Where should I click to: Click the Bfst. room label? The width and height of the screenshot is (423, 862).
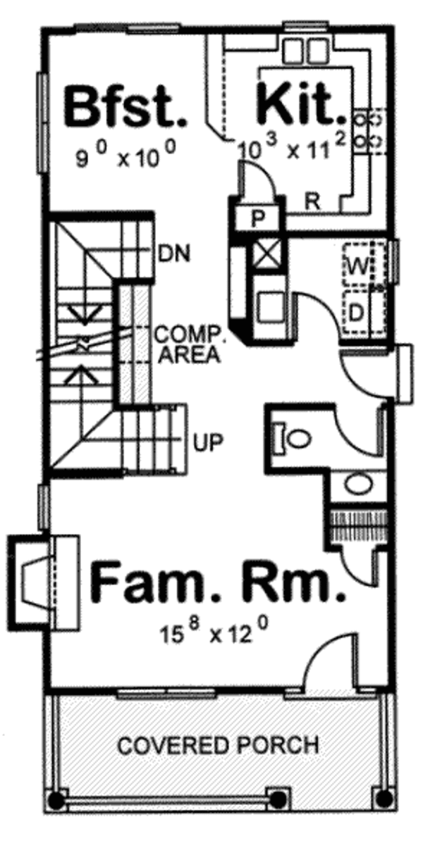tap(125, 107)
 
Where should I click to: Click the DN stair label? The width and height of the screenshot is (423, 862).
tap(174, 254)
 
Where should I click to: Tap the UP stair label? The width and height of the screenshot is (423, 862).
tap(208, 442)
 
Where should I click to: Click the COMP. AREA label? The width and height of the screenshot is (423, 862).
tap(190, 344)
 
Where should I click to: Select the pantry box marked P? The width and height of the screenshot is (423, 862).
tap(257, 219)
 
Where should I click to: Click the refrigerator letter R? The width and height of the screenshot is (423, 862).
tap(312, 201)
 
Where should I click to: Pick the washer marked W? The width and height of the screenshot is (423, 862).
tap(358, 265)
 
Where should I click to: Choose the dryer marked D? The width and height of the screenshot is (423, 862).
tap(356, 313)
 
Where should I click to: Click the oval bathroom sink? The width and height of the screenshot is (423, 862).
tap(358, 485)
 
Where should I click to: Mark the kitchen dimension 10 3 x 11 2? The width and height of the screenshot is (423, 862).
tap(292, 147)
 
